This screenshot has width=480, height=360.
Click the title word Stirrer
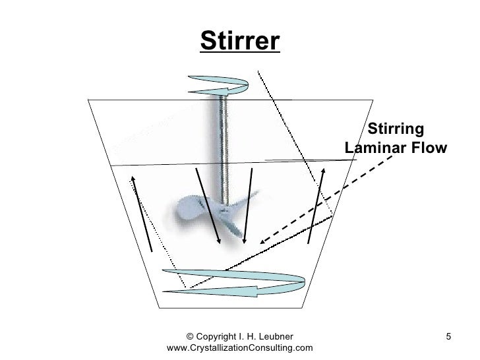click(x=239, y=42)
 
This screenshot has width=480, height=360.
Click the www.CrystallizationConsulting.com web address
click(x=241, y=348)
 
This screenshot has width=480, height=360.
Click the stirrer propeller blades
click(x=211, y=214)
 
